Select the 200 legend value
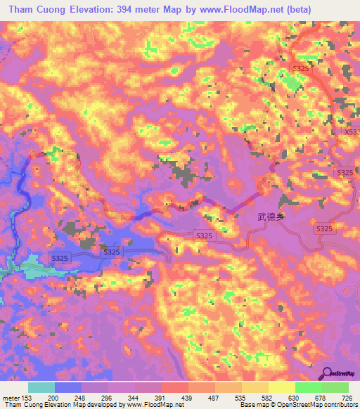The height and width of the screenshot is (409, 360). [53, 398]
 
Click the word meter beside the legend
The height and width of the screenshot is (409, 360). [9, 398]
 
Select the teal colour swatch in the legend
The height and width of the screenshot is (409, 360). [41, 387]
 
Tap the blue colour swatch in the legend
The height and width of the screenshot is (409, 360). [67, 387]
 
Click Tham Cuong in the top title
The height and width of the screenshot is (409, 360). [34, 9]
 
